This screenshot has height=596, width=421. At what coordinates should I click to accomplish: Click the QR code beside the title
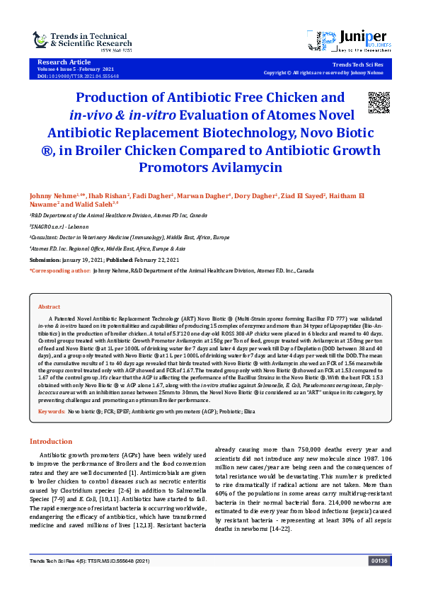point(379,103)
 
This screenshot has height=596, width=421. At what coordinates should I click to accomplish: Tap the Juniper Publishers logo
point(352,42)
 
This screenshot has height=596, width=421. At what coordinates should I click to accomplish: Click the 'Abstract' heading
point(49,306)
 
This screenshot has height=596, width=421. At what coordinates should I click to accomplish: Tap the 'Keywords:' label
point(52,411)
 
